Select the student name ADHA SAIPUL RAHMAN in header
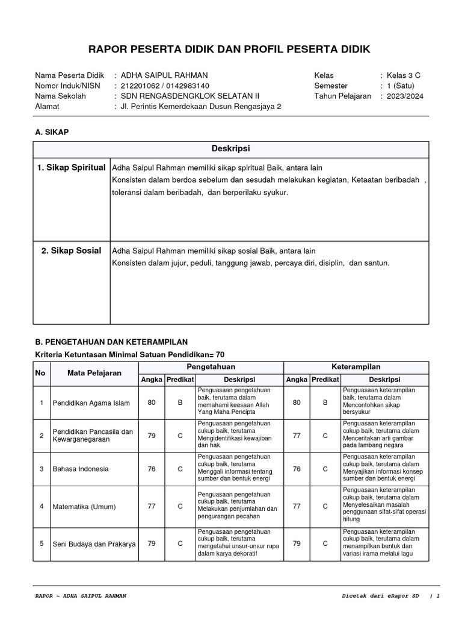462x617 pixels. point(164,75)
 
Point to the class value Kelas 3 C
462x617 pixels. point(404,75)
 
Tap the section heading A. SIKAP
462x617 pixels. point(52,131)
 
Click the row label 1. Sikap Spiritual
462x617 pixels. point(71,168)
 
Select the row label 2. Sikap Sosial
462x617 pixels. point(71,251)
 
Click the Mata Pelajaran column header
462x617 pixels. point(94,373)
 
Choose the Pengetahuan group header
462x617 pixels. point(211,367)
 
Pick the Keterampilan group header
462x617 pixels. point(356,367)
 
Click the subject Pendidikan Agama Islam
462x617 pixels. point(91,402)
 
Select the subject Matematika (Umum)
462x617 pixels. point(84,506)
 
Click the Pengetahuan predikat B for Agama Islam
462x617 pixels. point(180,402)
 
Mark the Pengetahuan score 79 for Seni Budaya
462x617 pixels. point(151,543)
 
